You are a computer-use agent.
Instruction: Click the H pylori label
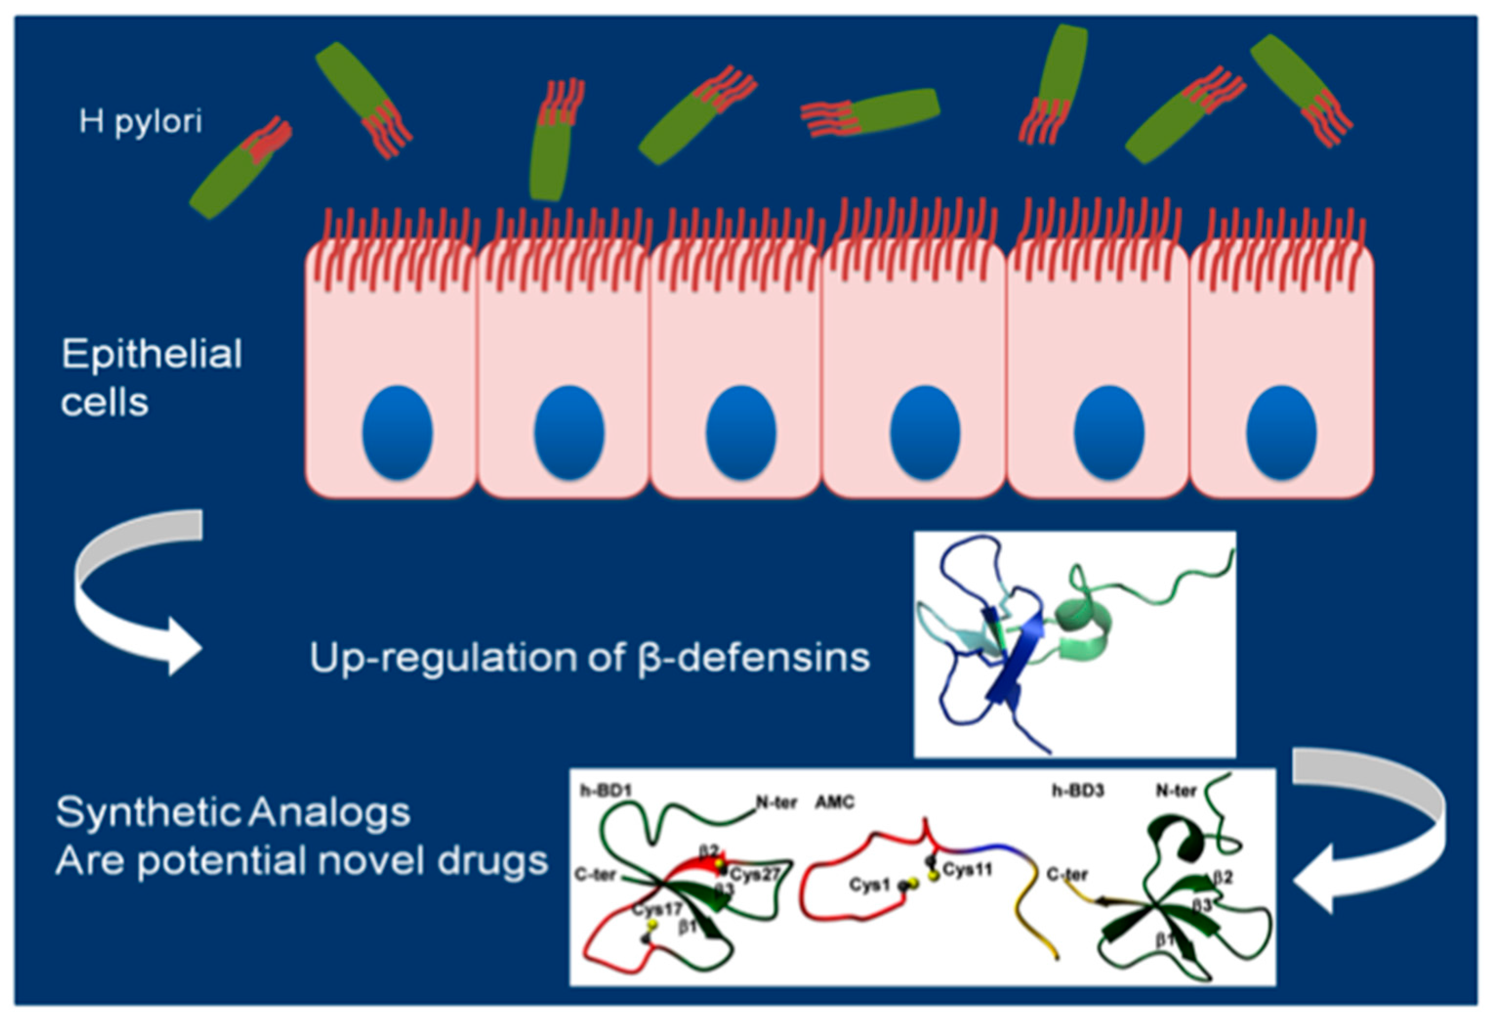pos(141,121)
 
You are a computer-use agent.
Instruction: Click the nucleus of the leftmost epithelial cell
pos(397,432)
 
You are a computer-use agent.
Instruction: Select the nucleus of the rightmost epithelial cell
pos(1281,432)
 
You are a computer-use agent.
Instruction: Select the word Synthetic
pos(147,813)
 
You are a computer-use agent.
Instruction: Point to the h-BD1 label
pos(606,791)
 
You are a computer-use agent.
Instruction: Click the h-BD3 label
pos(1077,791)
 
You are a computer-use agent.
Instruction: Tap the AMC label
pos(834,802)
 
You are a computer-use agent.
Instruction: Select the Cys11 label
pos(967,870)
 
